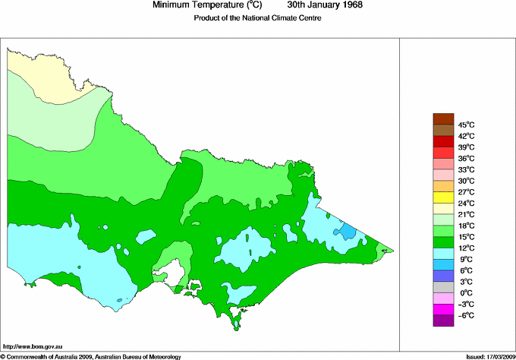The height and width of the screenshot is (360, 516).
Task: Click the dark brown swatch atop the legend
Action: (443, 118)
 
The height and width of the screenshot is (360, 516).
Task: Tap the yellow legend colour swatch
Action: (443, 197)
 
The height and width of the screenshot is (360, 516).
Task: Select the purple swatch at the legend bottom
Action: (443, 321)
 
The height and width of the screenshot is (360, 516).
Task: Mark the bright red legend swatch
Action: (443, 141)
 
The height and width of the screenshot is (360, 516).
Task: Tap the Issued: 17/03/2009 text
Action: (489, 355)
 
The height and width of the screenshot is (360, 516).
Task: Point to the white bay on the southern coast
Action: (176, 270)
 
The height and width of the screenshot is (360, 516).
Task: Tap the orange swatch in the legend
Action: (443, 186)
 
